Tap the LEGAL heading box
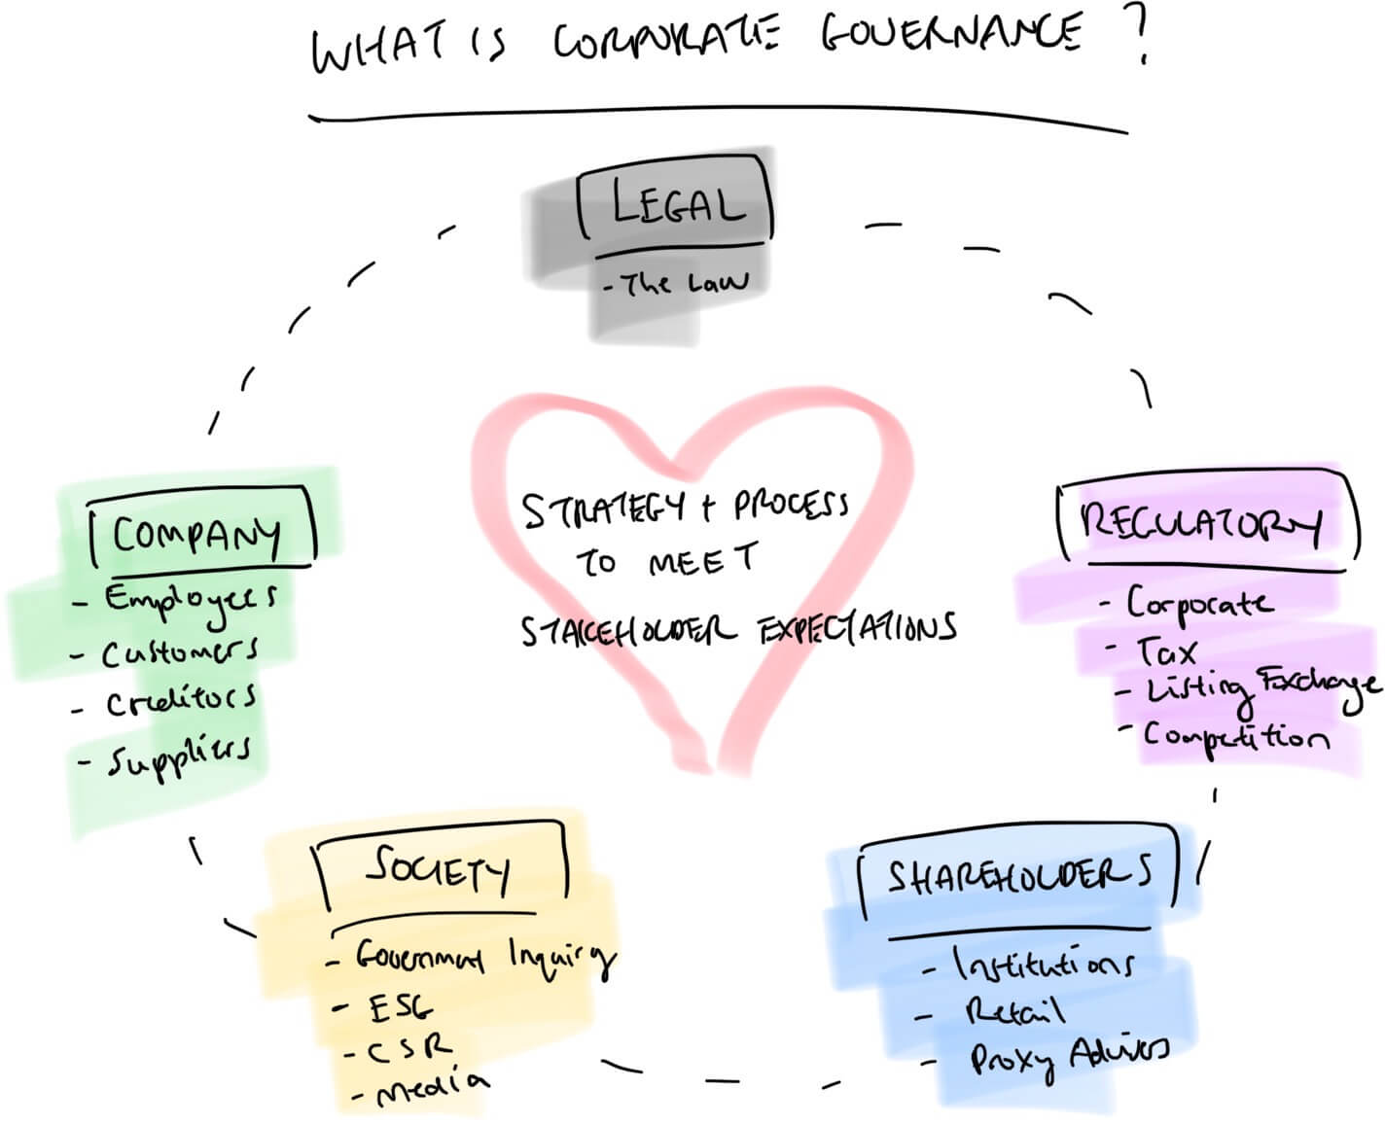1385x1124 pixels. click(x=677, y=204)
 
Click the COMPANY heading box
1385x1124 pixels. click(x=199, y=532)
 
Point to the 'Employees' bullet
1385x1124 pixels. click(x=191, y=598)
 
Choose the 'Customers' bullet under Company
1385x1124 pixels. click(x=180, y=651)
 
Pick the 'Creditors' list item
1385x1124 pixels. click(x=181, y=700)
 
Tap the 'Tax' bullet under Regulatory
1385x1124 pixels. click(x=1167, y=650)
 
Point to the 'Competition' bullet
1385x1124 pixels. click(x=1235, y=736)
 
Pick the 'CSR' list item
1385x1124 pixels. click(x=409, y=1047)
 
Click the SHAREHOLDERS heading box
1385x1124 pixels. click(x=1016, y=877)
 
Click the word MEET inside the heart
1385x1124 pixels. click(x=701, y=560)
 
